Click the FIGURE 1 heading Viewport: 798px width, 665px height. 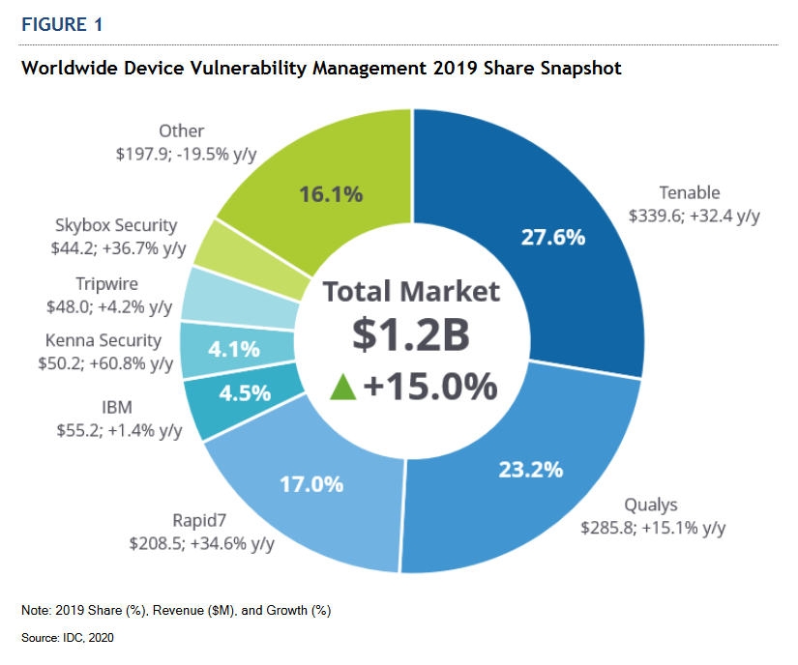pos(61,24)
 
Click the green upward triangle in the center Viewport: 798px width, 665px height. pos(342,387)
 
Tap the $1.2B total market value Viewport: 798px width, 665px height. pos(410,334)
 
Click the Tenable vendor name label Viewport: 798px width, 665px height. pos(690,192)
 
